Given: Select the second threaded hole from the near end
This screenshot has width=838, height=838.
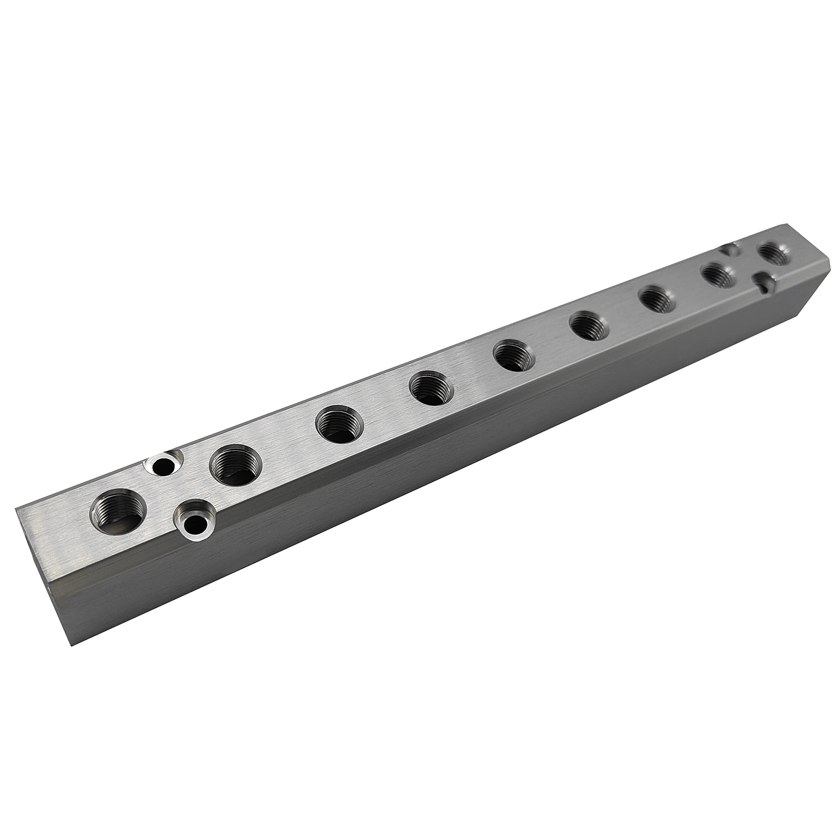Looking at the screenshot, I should click(x=236, y=466).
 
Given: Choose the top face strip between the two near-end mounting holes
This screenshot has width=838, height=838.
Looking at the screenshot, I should click(x=178, y=495).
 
